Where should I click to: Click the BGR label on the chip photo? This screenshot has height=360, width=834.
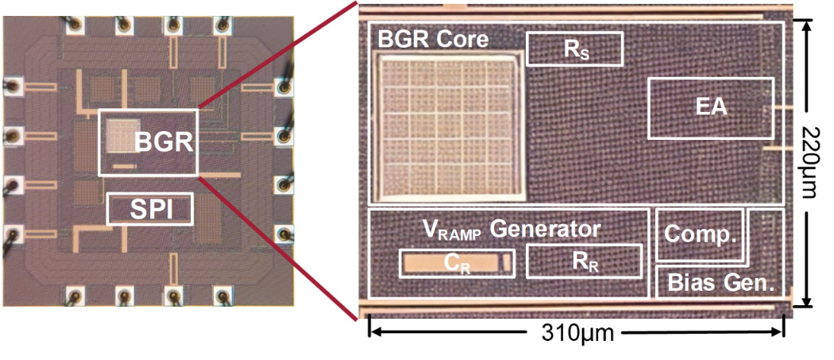coord(164,142)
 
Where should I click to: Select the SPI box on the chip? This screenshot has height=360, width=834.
coord(150,209)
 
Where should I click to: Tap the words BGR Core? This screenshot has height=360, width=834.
coord(433,38)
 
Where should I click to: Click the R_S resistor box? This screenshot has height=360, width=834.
coord(574,49)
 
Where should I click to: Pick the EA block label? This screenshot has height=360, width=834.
coord(711,107)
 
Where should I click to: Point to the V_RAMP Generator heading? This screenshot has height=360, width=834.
coord(511,230)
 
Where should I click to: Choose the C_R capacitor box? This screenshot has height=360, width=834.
coord(457,263)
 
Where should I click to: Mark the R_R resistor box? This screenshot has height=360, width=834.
coord(584,261)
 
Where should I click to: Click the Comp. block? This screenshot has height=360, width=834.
coord(700,234)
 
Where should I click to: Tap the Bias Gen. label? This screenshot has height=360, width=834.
coord(720,282)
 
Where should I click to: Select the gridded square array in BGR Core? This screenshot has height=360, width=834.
coord(451,130)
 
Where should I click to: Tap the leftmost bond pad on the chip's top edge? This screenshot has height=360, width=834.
coord(75,25)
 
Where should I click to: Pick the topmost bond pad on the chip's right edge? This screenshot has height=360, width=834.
coord(284,86)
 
